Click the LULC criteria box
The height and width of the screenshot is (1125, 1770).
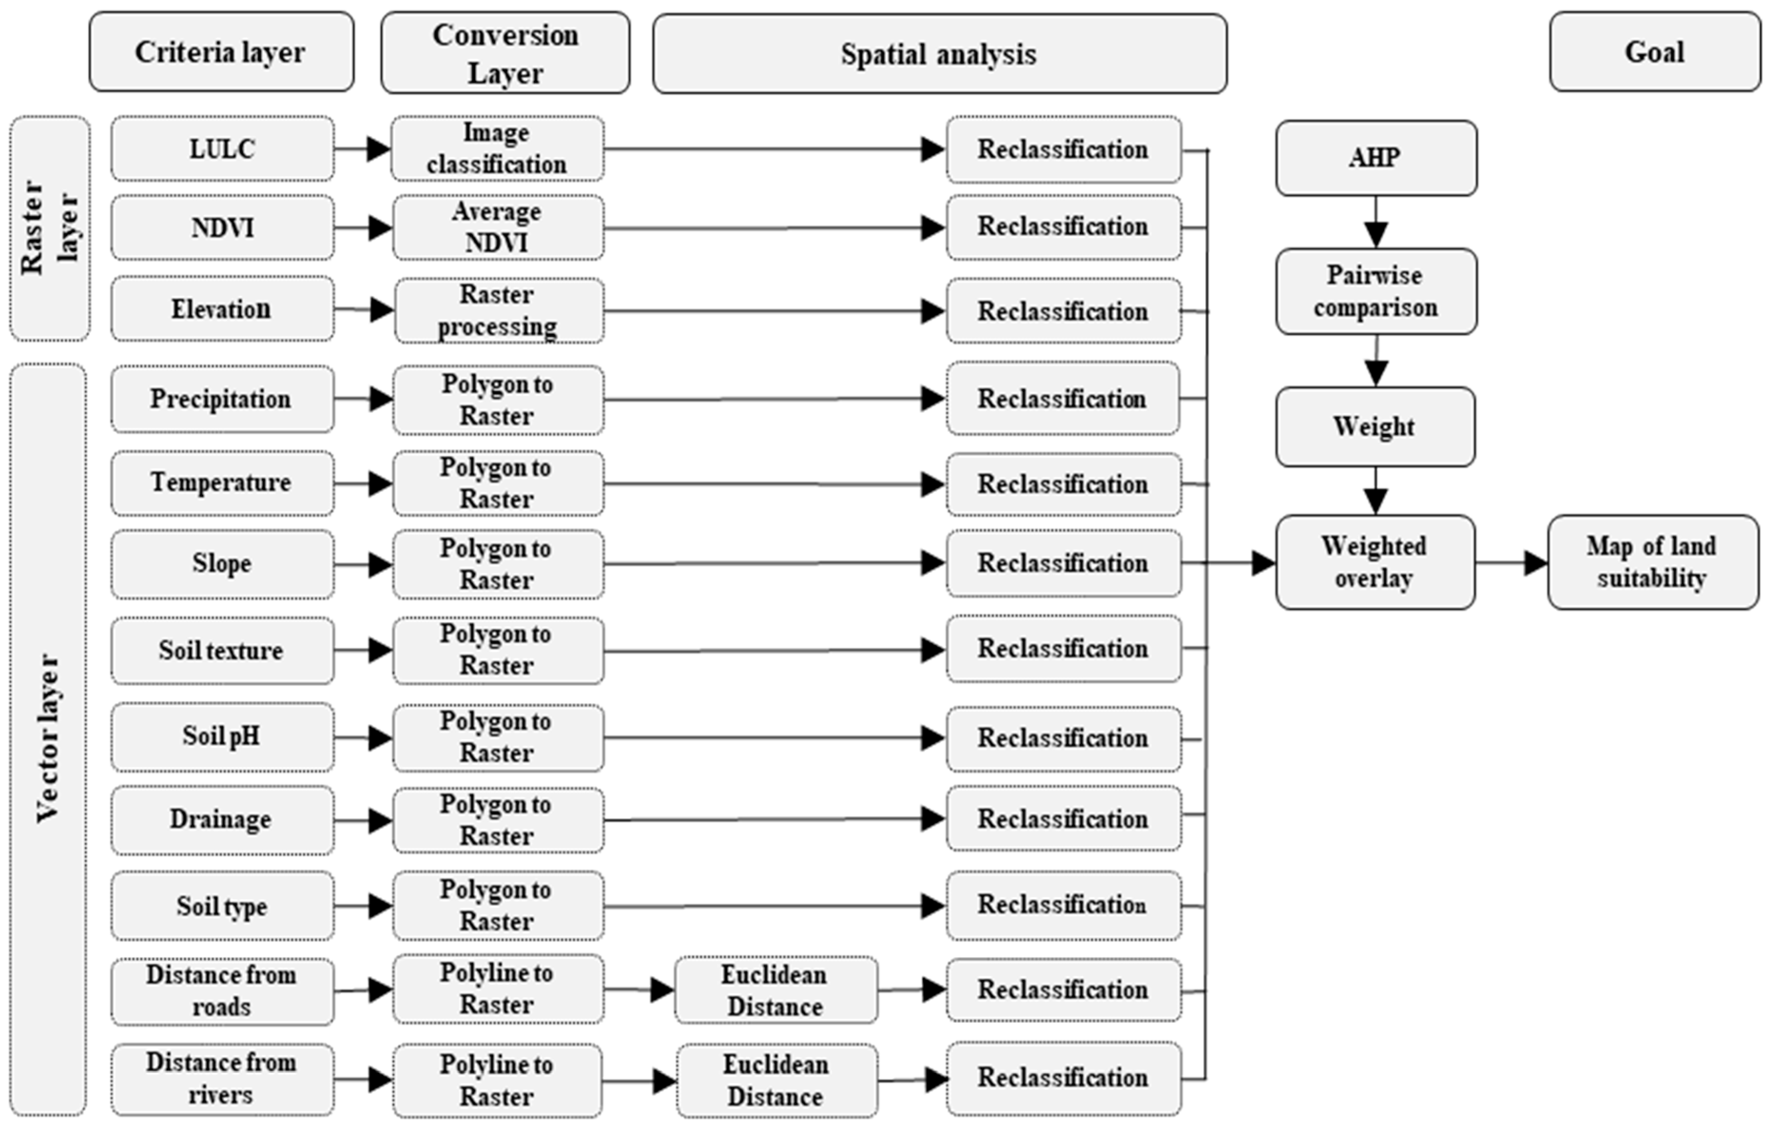[x=222, y=148]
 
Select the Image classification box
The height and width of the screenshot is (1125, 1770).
[x=497, y=148]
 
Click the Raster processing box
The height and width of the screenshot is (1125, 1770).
[x=498, y=310]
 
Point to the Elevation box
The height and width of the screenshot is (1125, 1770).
[x=222, y=309]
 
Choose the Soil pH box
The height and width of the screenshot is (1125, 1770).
[x=222, y=737]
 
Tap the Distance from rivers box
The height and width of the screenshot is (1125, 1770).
[x=222, y=1079]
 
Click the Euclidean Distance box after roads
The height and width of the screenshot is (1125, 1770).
[x=775, y=990]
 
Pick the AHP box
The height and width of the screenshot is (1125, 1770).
[x=1375, y=158]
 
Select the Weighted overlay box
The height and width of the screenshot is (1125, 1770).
[x=1374, y=562]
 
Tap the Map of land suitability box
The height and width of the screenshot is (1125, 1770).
[x=1653, y=562]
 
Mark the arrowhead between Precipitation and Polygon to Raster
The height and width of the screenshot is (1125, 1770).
[x=380, y=399]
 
